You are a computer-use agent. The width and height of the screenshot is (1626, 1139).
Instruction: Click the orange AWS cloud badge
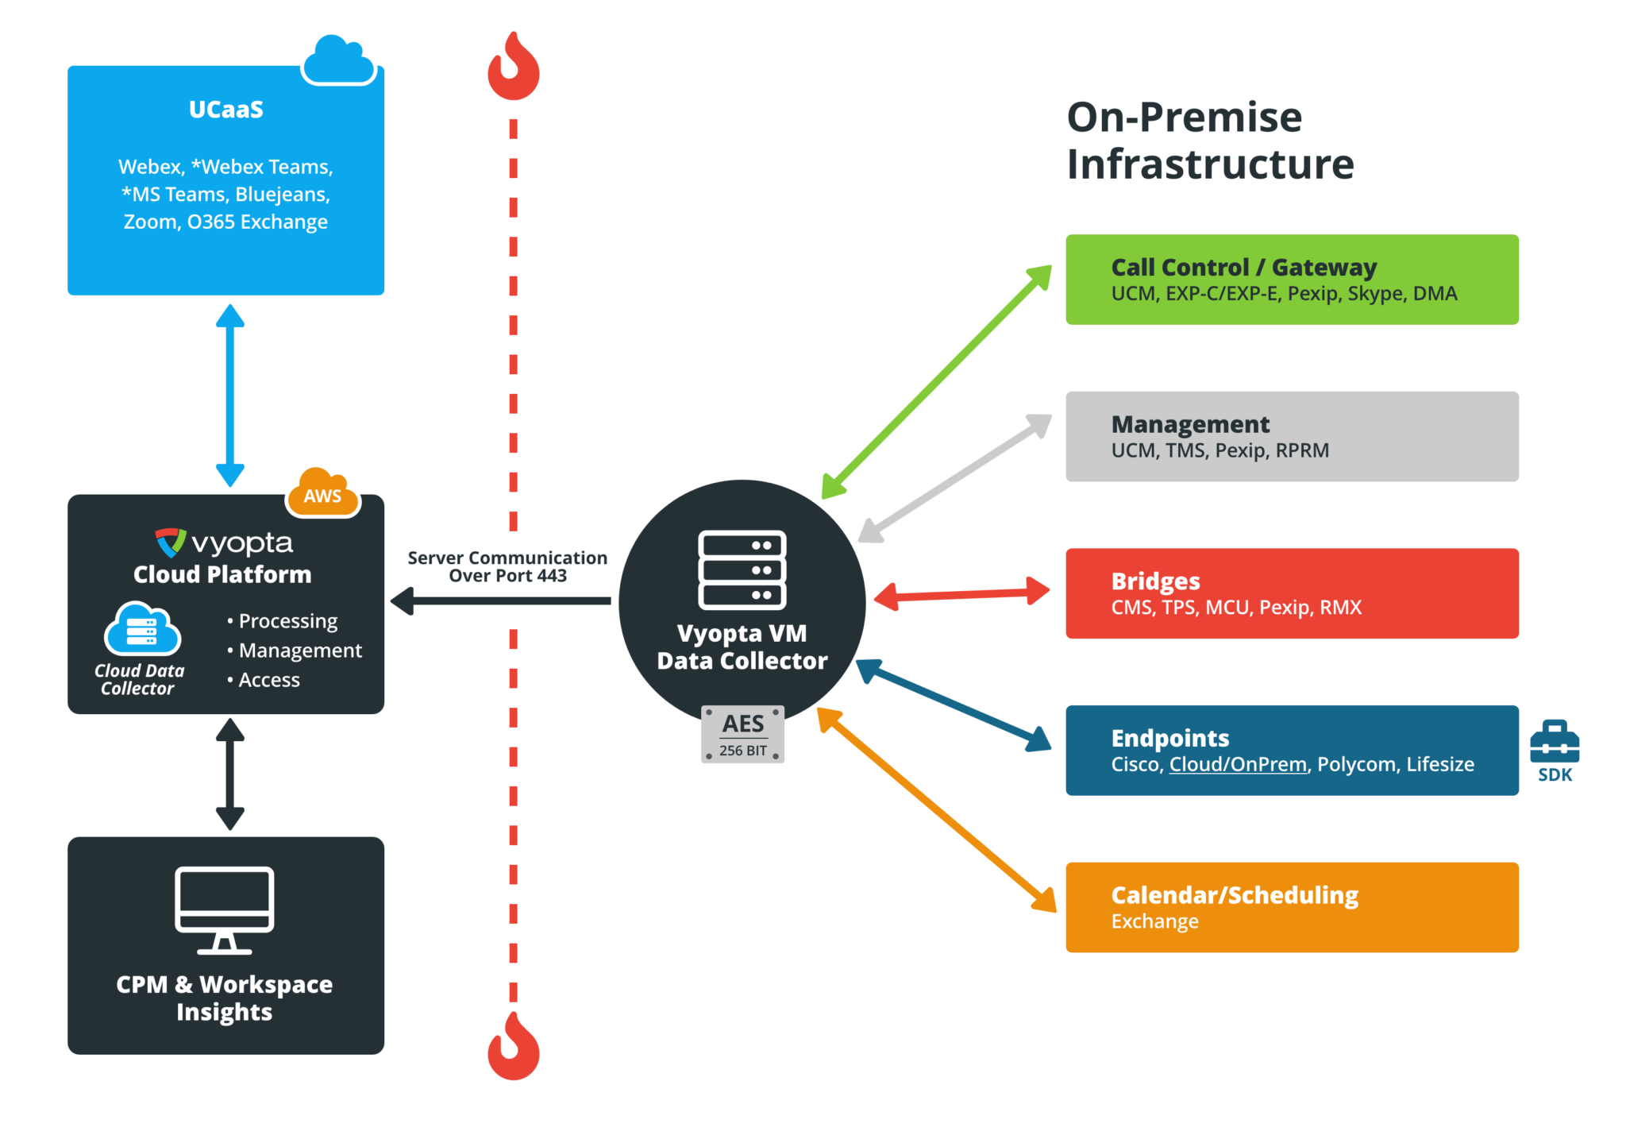pyautogui.click(x=322, y=492)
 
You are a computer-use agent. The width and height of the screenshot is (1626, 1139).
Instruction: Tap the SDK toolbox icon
pyautogui.click(x=1554, y=741)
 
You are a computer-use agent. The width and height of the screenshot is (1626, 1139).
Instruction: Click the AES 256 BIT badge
pyautogui.click(x=742, y=734)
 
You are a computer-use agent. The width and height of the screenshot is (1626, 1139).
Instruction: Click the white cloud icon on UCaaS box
pyautogui.click(x=338, y=60)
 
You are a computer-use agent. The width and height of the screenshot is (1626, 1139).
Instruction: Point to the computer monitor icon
pyautogui.click(x=225, y=910)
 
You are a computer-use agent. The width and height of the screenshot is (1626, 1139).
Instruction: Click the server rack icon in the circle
pyautogui.click(x=742, y=569)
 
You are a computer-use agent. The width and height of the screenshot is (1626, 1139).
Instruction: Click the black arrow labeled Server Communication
pyautogui.click(x=501, y=601)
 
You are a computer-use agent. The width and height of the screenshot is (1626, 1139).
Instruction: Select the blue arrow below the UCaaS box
pyautogui.click(x=230, y=396)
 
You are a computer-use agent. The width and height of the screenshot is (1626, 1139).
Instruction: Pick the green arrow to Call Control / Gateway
pyautogui.click(x=937, y=382)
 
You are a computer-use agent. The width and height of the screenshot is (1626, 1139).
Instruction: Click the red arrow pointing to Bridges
pyautogui.click(x=962, y=593)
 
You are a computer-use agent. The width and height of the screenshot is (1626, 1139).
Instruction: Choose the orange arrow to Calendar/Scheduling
pyautogui.click(x=937, y=810)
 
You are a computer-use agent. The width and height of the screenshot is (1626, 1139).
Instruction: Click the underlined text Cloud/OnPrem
pyautogui.click(x=1238, y=764)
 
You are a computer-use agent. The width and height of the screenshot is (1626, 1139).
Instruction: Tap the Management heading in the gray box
pyautogui.click(x=1190, y=424)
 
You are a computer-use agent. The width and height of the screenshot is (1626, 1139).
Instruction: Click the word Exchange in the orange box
pyautogui.click(x=1154, y=921)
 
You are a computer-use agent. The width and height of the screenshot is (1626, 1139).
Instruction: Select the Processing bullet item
pyautogui.click(x=283, y=620)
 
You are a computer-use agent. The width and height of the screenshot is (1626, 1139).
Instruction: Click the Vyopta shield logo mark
pyautogui.click(x=171, y=542)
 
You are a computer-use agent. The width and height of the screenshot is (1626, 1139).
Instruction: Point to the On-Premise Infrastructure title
pyautogui.click(x=1210, y=141)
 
